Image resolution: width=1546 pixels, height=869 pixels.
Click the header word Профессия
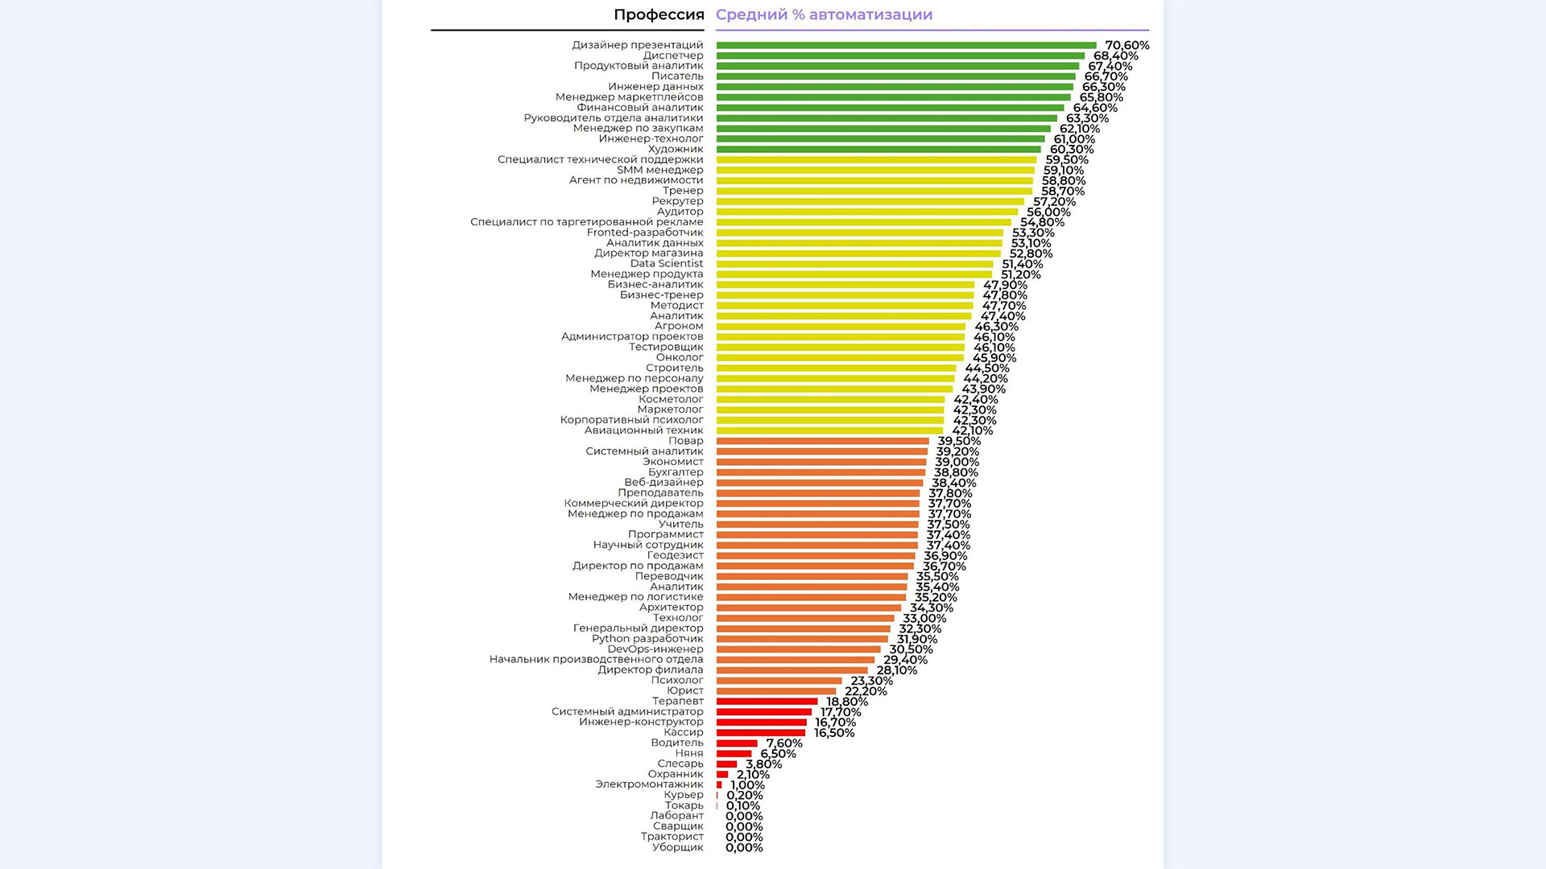click(x=658, y=14)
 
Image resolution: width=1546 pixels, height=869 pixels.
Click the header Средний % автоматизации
click(x=824, y=14)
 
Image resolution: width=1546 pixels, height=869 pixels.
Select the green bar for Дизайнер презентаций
click(x=906, y=46)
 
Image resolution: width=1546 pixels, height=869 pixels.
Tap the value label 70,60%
click(x=1126, y=46)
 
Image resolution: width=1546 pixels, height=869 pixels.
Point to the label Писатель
click(x=677, y=76)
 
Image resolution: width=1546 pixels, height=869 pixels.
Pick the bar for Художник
click(x=878, y=150)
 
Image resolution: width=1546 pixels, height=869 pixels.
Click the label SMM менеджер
click(x=659, y=170)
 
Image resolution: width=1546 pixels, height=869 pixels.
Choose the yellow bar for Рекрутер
click(x=870, y=202)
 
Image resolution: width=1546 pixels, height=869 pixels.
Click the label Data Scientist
click(x=666, y=263)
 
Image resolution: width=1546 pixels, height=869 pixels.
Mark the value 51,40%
click(x=1022, y=264)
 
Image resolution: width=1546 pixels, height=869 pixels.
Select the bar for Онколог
click(x=840, y=358)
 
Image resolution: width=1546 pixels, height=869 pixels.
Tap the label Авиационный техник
click(x=643, y=430)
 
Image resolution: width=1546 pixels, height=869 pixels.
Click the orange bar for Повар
click(x=822, y=441)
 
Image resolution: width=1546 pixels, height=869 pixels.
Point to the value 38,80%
click(x=956, y=473)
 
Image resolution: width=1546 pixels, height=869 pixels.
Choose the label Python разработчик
click(x=647, y=639)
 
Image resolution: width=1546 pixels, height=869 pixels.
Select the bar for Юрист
click(x=776, y=691)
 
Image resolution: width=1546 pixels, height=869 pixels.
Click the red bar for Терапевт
click(x=767, y=702)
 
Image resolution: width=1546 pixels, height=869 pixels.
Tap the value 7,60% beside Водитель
click(x=783, y=743)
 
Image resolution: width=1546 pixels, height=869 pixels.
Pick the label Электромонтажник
click(x=649, y=785)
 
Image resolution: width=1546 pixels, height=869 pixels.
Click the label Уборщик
click(x=677, y=847)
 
